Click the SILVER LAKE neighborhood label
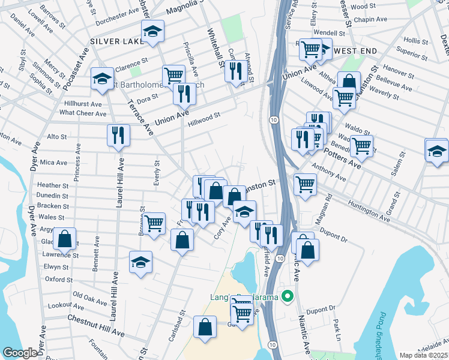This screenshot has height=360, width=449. (116, 41)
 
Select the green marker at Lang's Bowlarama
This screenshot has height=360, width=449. (288, 296)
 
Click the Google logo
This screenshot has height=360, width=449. (20, 353)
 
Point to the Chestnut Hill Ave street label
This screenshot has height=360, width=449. (95, 325)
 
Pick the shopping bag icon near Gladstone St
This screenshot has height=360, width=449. (64, 238)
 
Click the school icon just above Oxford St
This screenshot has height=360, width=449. (140, 262)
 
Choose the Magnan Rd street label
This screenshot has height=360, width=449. (328, 203)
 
